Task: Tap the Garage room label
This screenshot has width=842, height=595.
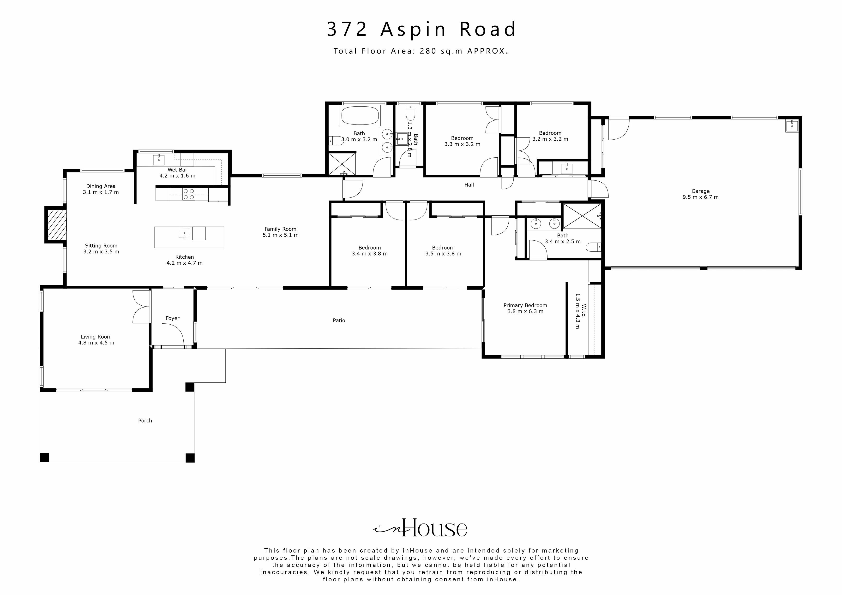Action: (700, 191)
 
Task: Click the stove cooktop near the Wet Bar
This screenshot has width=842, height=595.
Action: (188, 194)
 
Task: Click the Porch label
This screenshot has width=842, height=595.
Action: (145, 421)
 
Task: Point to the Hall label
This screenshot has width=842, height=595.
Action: (469, 185)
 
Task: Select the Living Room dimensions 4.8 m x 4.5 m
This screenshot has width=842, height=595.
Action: (96, 343)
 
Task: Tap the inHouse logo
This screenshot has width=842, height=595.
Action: (420, 528)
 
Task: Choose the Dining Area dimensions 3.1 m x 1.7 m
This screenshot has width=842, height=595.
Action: (101, 192)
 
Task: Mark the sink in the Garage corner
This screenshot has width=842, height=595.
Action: (791, 125)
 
